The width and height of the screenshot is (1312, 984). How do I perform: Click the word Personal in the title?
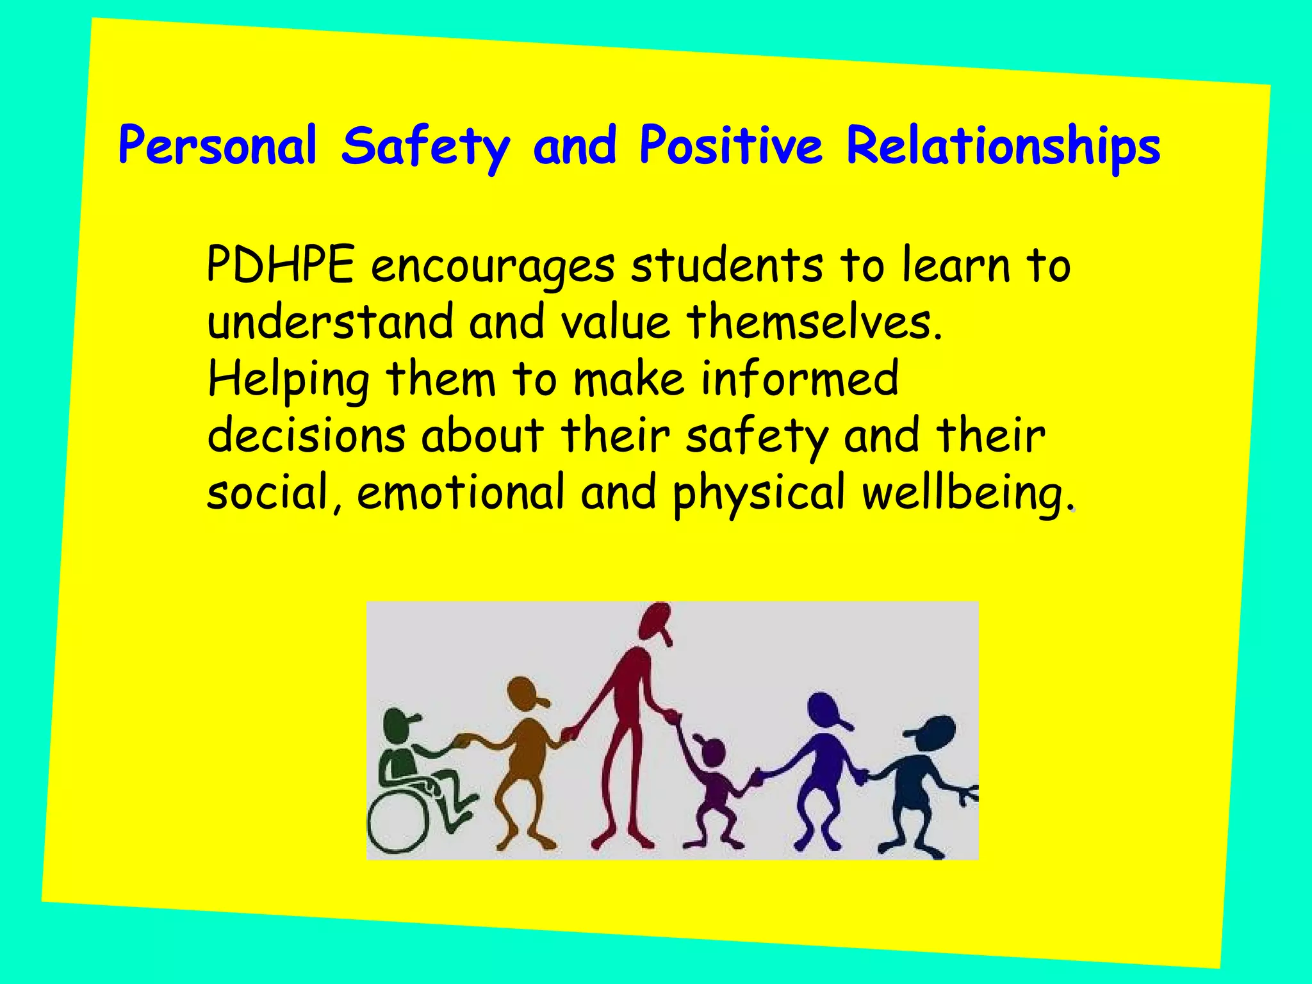click(x=218, y=146)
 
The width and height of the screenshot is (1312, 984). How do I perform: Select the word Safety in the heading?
click(x=425, y=147)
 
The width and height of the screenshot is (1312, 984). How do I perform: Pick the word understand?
click(x=331, y=322)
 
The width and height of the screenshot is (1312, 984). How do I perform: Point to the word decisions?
click(x=306, y=436)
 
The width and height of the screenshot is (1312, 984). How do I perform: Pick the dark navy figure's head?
click(x=936, y=731)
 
